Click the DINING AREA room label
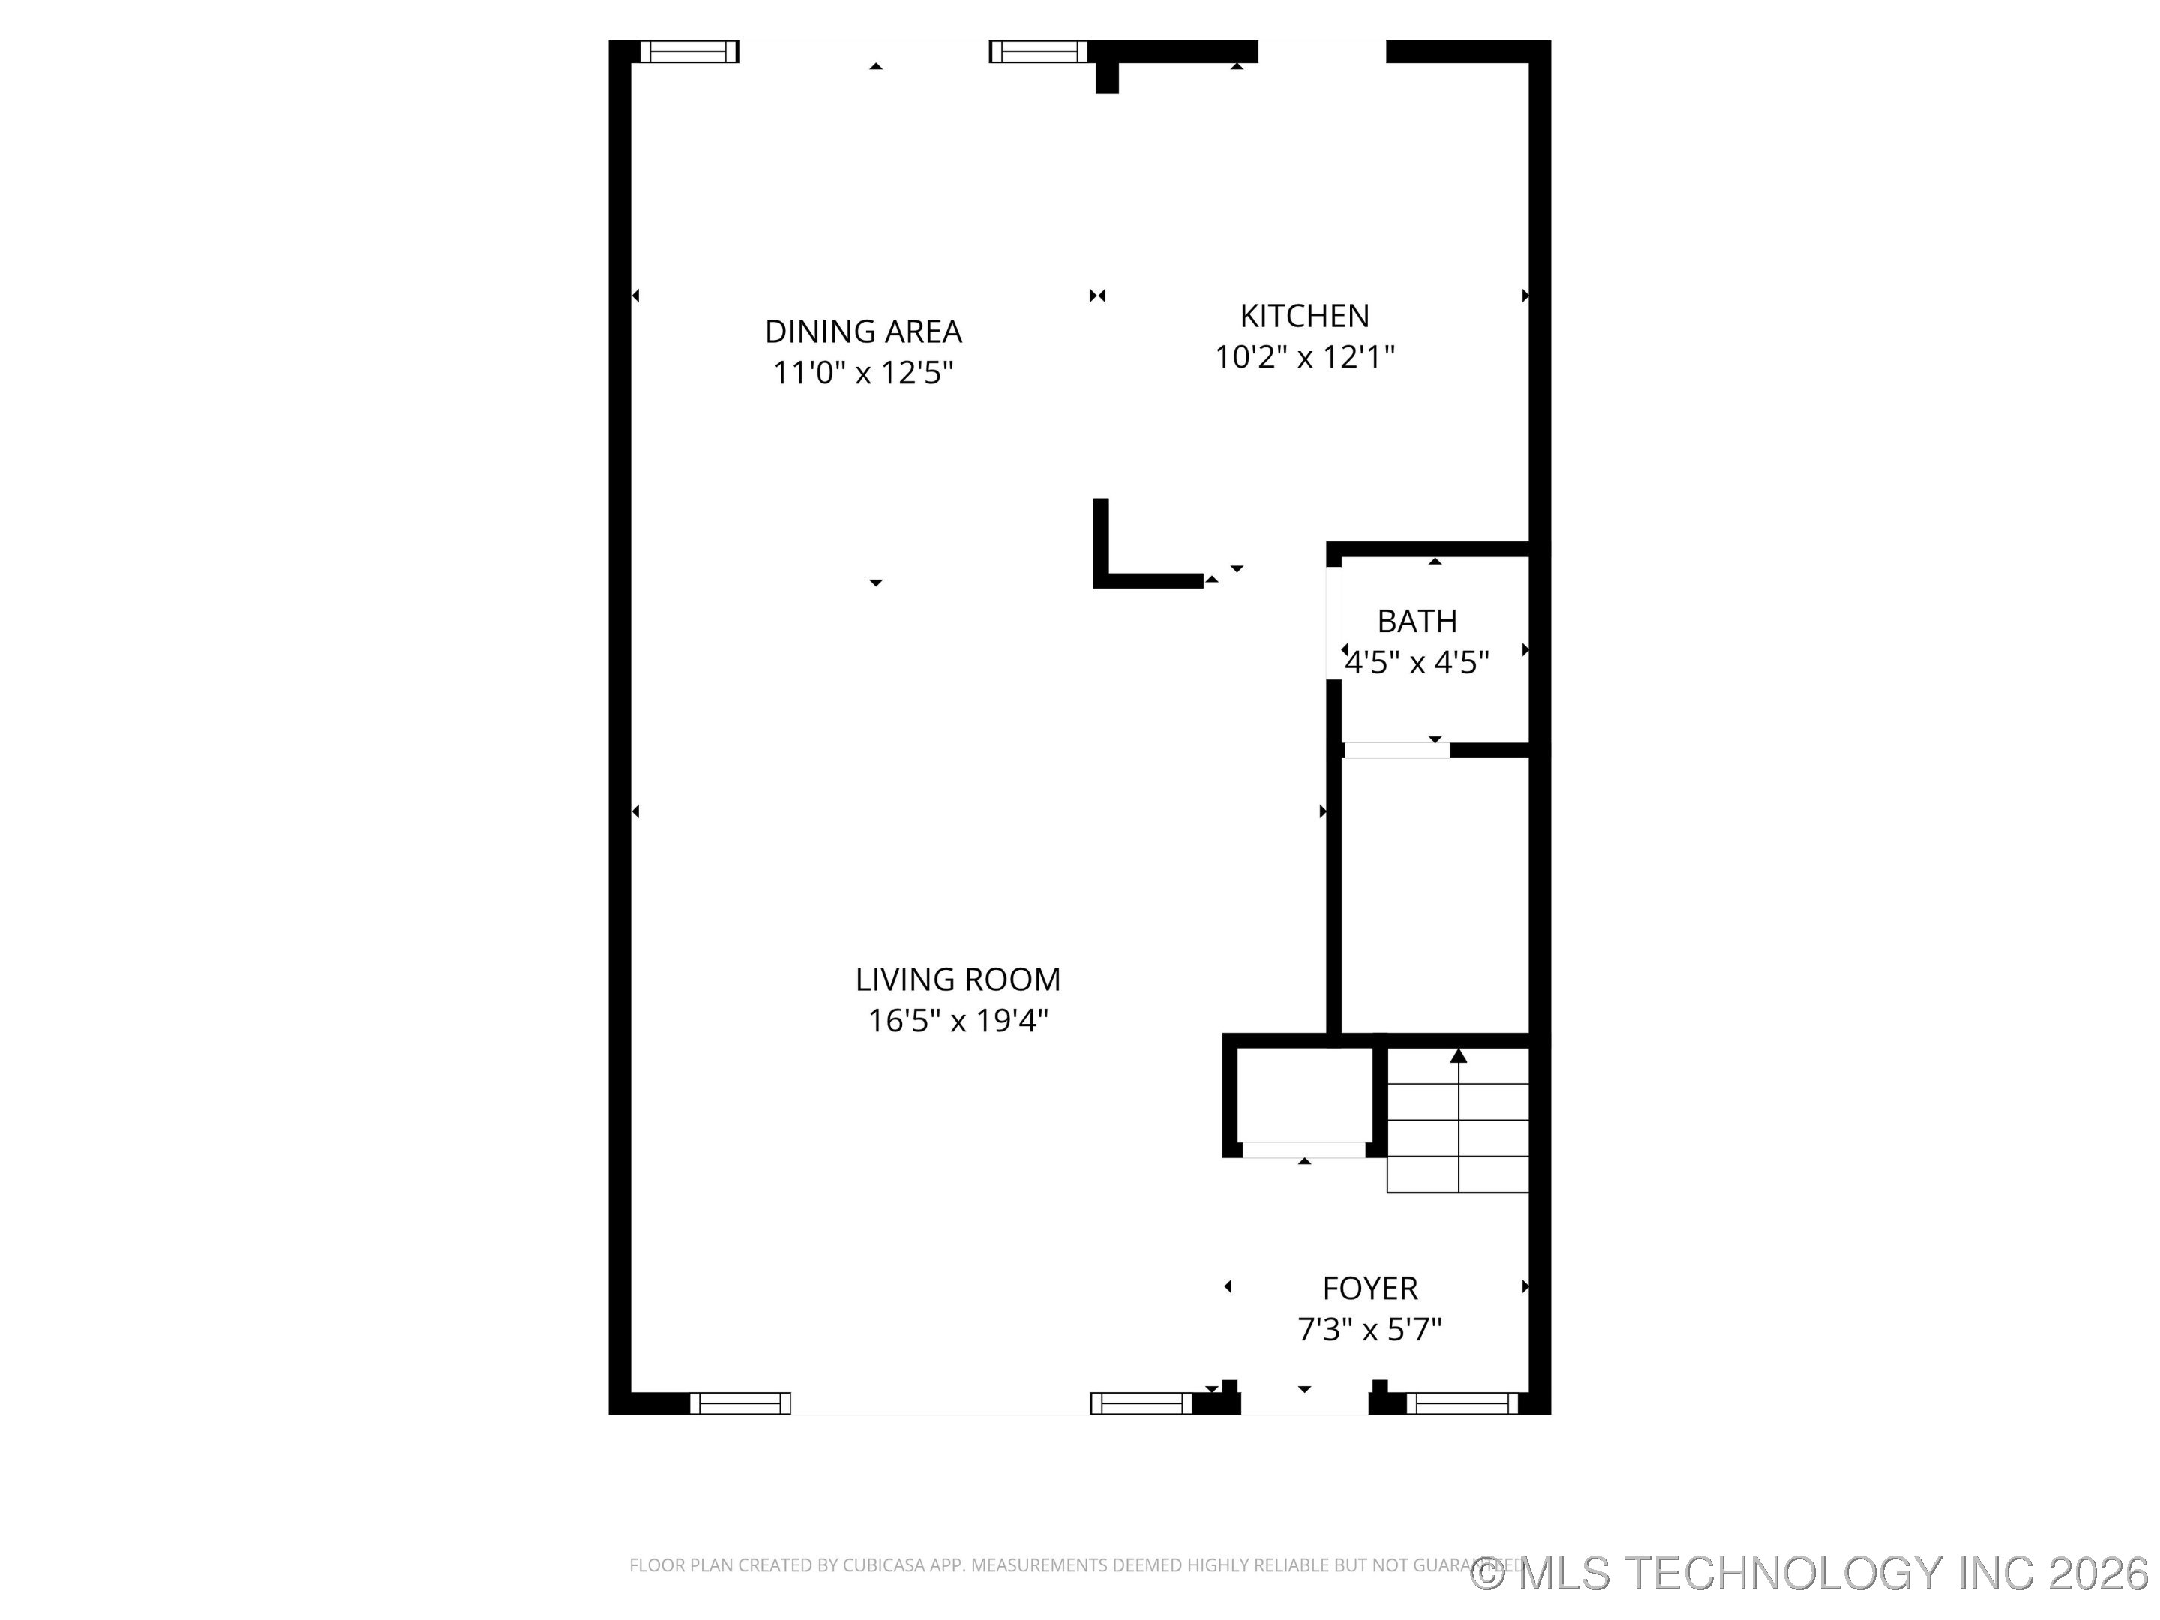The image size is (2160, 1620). click(863, 332)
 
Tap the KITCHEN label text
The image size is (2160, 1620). click(1304, 316)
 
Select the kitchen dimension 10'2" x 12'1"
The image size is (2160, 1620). click(1304, 358)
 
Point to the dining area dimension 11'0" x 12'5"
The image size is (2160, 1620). click(863, 373)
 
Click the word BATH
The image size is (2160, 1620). click(1417, 621)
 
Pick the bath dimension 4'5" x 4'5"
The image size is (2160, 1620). click(1417, 663)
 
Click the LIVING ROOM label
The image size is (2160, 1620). click(958, 979)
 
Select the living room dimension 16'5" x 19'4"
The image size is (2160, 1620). click(958, 1021)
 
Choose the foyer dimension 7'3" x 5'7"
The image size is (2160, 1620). click(1370, 1329)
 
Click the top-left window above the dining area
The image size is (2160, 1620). click(688, 52)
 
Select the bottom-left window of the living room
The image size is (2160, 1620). click(740, 1403)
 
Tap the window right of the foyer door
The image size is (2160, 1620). click(1462, 1403)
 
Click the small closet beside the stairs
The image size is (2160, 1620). click(1304, 1096)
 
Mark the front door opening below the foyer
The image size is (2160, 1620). click(1304, 1404)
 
